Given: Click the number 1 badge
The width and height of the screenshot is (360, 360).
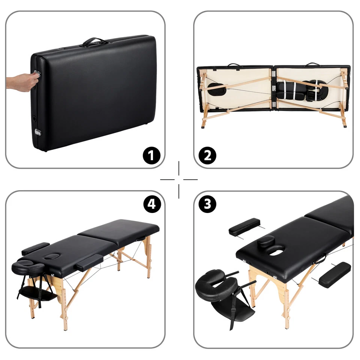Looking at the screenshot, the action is pyautogui.click(x=151, y=155).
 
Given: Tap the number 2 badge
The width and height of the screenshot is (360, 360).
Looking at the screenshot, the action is pyautogui.click(x=207, y=155).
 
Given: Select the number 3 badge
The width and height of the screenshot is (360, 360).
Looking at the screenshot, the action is pyautogui.click(x=207, y=204).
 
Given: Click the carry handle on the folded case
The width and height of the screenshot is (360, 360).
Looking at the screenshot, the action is pyautogui.click(x=94, y=42).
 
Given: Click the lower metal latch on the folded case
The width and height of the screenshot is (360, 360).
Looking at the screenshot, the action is pyautogui.click(x=38, y=132).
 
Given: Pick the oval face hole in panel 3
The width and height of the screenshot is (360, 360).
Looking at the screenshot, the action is pyautogui.click(x=276, y=250).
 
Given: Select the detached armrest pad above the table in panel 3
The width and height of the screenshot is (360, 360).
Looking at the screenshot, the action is pyautogui.click(x=245, y=226).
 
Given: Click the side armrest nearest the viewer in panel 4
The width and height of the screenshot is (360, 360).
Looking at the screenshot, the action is pyautogui.click(x=90, y=263).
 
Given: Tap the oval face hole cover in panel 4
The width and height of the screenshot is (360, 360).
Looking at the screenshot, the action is pyautogui.click(x=53, y=256).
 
